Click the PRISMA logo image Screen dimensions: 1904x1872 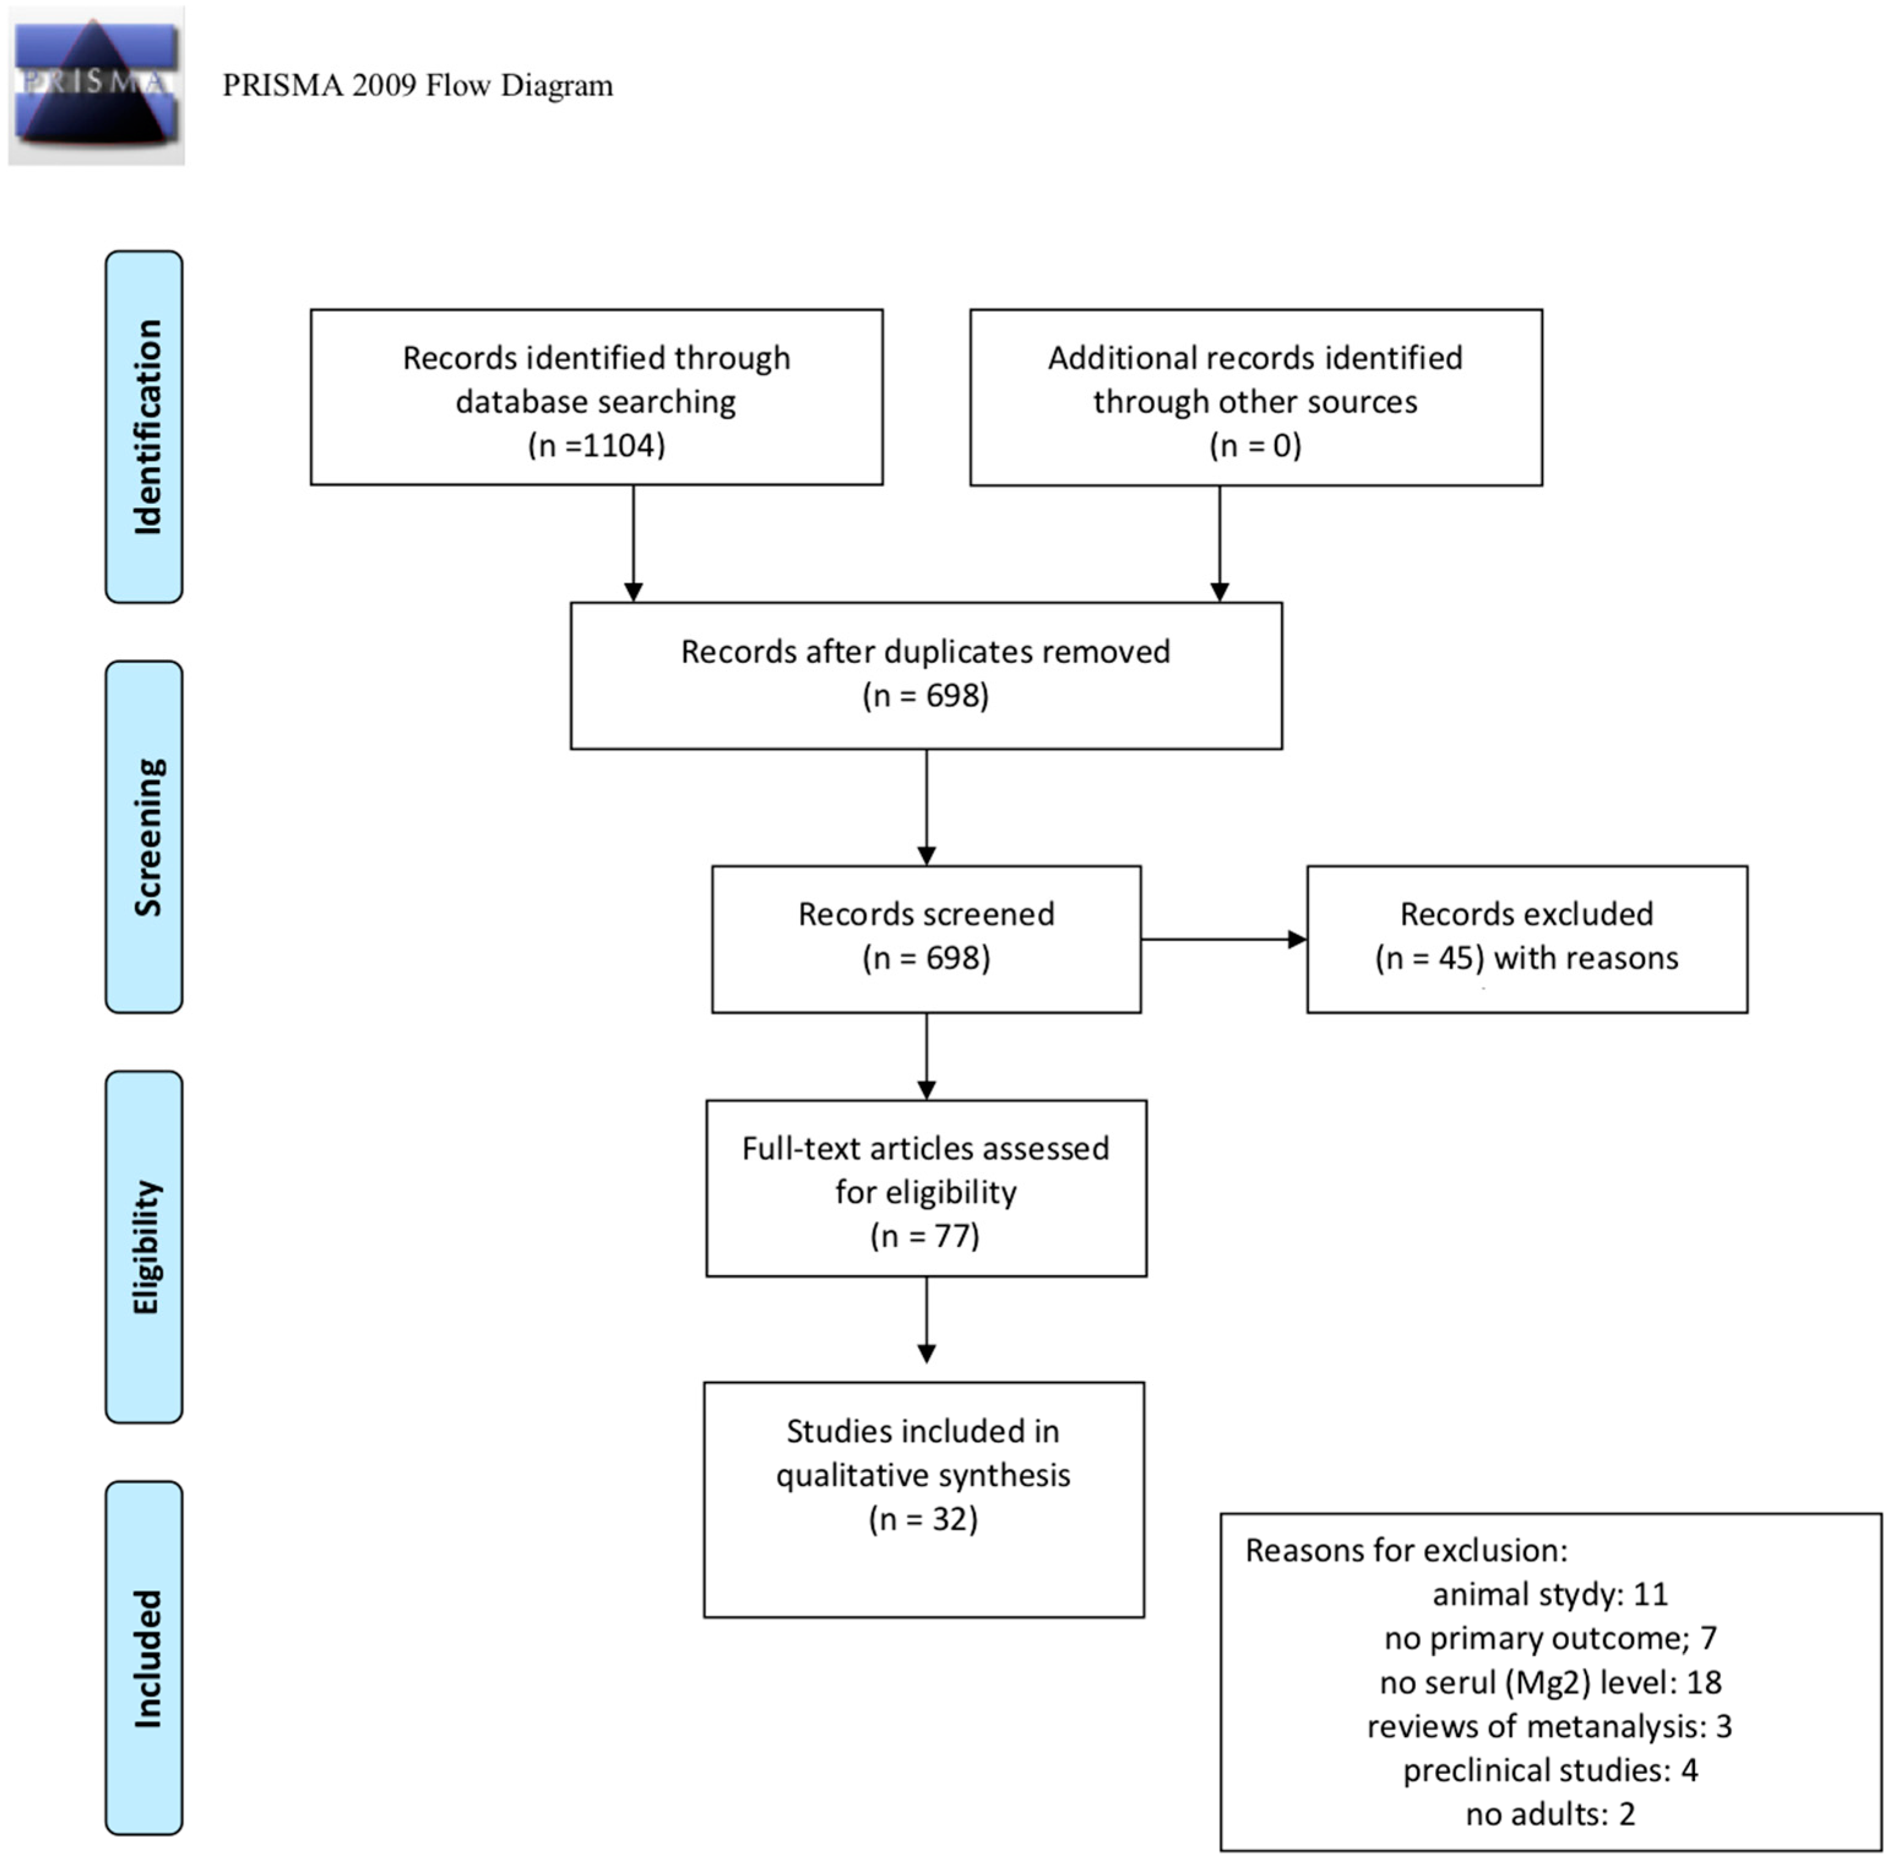(x=96, y=86)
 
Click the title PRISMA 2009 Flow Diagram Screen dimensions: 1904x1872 (x=418, y=86)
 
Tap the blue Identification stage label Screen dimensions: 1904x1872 (x=143, y=426)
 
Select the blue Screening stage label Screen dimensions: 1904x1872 (x=143, y=836)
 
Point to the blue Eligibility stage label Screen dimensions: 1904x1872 (x=143, y=1247)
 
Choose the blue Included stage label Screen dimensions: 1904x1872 (x=143, y=1658)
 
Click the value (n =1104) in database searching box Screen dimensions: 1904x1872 (x=597, y=445)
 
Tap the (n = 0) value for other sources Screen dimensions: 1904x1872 (x=1255, y=445)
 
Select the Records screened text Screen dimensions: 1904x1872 (x=926, y=914)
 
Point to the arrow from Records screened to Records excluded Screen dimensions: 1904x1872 (x=1224, y=939)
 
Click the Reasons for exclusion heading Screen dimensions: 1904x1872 (x=1407, y=1550)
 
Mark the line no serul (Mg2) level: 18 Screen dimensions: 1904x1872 (x=1550, y=1682)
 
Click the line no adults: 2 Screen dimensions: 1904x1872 (x=1550, y=1814)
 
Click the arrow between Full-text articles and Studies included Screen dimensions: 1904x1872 (x=926, y=1319)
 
